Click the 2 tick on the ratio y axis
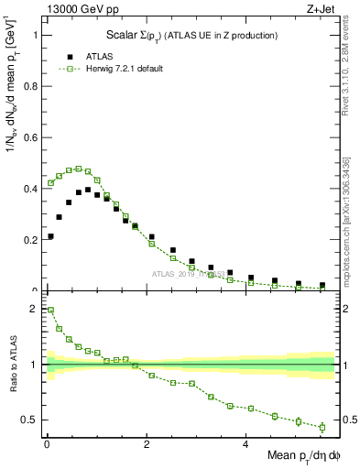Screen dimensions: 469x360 [x=34, y=309]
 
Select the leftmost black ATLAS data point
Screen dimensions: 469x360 [x=50, y=236]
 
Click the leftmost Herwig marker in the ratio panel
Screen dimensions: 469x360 [x=50, y=310]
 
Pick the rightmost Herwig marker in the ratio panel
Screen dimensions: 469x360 [x=322, y=427]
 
